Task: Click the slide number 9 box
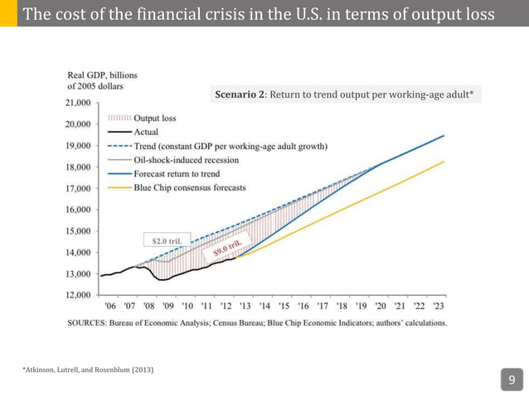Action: coord(512,380)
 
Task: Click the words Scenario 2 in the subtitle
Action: coord(240,95)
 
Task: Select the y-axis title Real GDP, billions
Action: coord(102,75)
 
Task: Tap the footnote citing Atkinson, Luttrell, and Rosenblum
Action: coord(88,368)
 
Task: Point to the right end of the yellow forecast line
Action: coord(444,162)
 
